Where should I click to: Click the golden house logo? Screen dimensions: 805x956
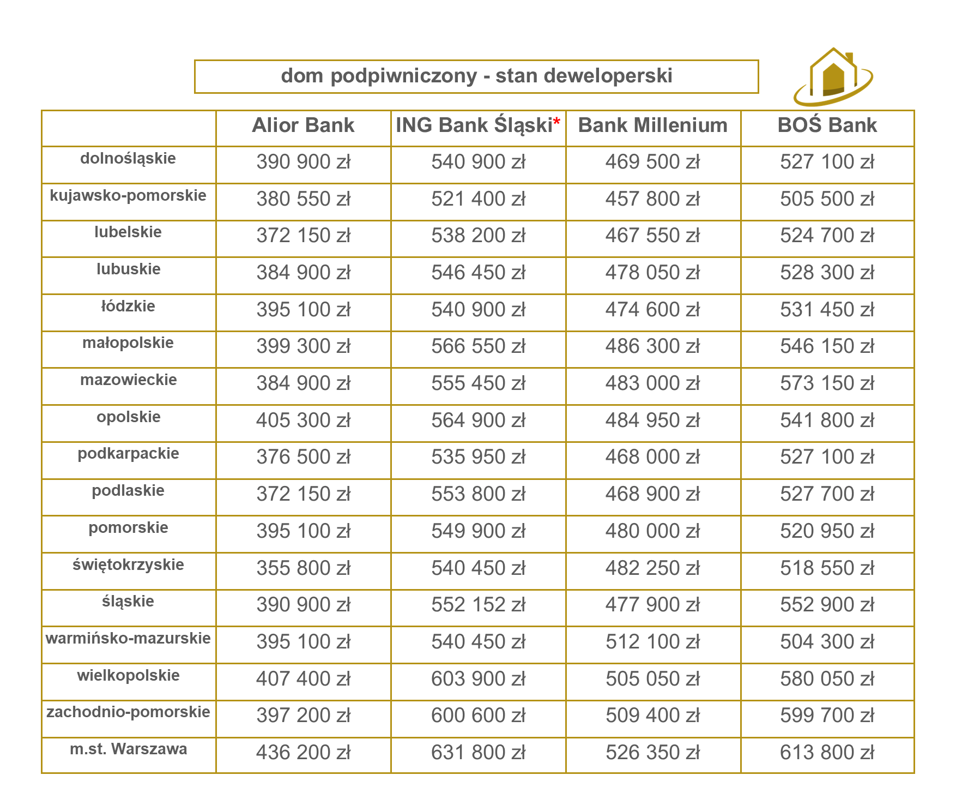click(x=833, y=77)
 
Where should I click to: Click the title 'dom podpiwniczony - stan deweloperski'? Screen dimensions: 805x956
click(x=476, y=76)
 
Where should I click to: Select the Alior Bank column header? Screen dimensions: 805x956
click(x=303, y=125)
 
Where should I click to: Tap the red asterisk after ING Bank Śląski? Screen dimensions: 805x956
click(x=556, y=123)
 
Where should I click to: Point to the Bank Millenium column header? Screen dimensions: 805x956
click(x=652, y=125)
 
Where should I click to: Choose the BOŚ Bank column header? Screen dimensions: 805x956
click(x=827, y=125)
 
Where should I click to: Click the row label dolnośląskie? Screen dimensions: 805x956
click(x=128, y=159)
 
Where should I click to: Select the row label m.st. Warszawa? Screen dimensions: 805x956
click(x=129, y=749)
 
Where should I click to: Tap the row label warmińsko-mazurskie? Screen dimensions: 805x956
click(x=128, y=638)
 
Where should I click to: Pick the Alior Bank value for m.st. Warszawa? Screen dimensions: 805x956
click(x=303, y=753)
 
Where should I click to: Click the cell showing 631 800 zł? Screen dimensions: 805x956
click(x=478, y=753)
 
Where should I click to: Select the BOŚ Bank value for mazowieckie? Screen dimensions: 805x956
click(x=827, y=383)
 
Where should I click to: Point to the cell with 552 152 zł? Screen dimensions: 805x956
click(x=478, y=605)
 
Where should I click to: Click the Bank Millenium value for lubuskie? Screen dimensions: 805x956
click(x=652, y=273)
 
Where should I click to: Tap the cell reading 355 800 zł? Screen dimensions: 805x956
click(x=303, y=568)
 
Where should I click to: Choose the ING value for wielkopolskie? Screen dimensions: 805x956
click(x=478, y=679)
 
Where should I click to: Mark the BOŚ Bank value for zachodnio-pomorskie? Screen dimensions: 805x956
click(x=827, y=716)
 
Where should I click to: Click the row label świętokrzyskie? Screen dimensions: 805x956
click(x=128, y=564)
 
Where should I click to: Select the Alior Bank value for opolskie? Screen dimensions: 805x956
click(x=303, y=420)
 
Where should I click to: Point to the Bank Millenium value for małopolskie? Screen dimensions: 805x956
click(x=652, y=346)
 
